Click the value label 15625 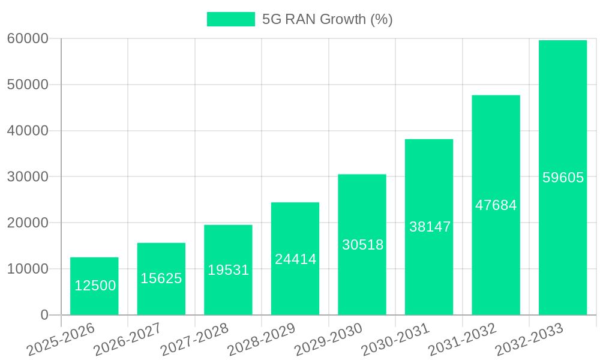[x=161, y=278]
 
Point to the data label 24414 [x=295, y=259]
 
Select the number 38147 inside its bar [x=430, y=227]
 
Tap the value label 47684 [x=496, y=205]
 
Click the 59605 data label [x=563, y=178]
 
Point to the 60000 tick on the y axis [x=28, y=39]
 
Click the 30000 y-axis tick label [x=28, y=177]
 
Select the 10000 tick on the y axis [x=28, y=269]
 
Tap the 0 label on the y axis [x=44, y=315]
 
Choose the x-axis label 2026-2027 [x=127, y=339]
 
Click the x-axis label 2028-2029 [x=261, y=339]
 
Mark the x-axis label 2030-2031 [x=395, y=339]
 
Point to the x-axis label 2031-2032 [x=462, y=339]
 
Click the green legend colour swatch [x=231, y=19]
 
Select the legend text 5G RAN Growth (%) [x=327, y=19]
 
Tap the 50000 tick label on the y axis [x=28, y=85]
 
